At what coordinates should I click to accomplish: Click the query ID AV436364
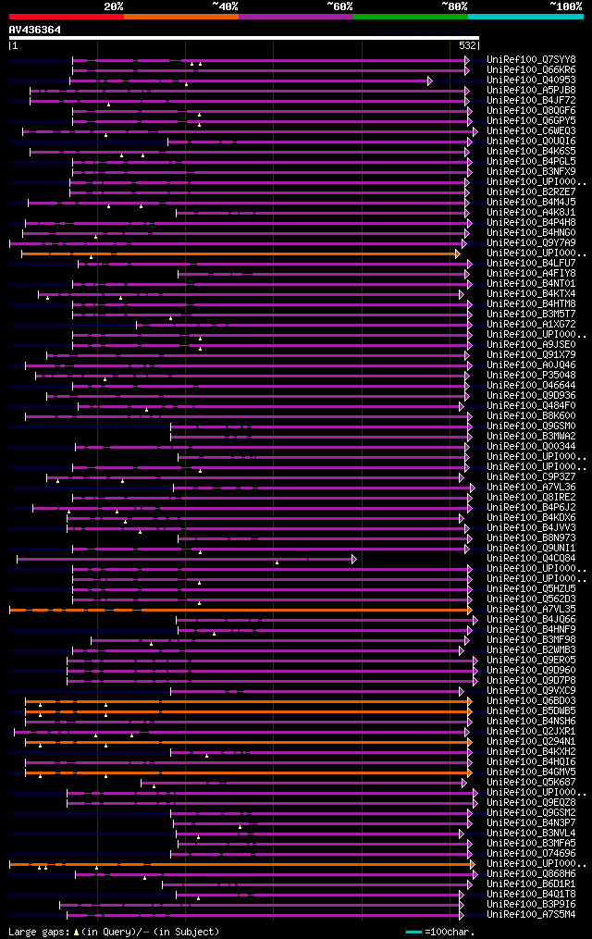[35, 30]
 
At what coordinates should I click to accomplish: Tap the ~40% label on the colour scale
[225, 6]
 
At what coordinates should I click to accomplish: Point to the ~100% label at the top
[565, 6]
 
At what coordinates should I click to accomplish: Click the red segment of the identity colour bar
[66, 16]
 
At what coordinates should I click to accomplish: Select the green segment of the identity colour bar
[410, 16]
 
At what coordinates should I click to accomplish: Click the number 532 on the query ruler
[467, 45]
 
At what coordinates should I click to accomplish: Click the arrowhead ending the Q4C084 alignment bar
[353, 559]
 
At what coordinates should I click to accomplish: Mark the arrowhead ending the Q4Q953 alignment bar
[430, 80]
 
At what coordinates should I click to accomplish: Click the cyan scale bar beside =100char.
[413, 932]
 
